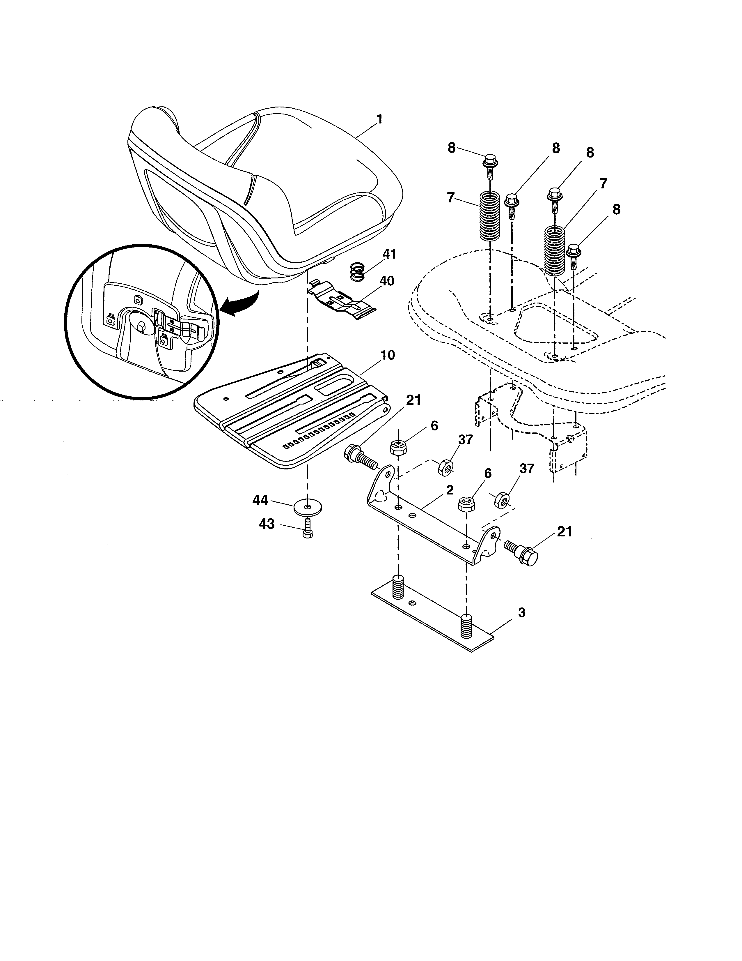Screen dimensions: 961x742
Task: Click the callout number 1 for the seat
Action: (379, 119)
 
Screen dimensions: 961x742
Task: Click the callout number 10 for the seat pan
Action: (387, 355)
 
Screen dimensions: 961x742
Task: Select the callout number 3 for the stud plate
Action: (521, 612)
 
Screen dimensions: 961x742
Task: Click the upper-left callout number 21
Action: (413, 400)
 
